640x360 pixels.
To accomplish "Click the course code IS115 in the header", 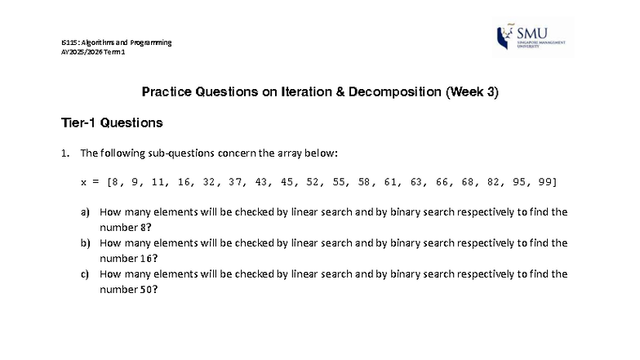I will click(x=70, y=42).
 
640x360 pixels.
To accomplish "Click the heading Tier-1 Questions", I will click(x=112, y=123).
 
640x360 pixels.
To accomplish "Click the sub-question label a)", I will click(x=85, y=212).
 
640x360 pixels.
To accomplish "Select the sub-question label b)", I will click(x=85, y=243).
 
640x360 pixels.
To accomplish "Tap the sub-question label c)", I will click(x=85, y=274).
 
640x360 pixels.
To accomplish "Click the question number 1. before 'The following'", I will click(x=65, y=153).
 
